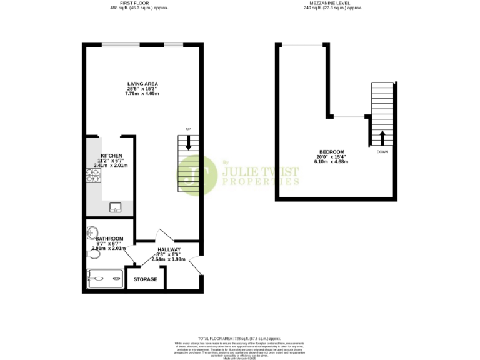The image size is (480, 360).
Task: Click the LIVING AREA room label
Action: (x=142, y=84)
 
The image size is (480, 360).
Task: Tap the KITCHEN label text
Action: (x=111, y=156)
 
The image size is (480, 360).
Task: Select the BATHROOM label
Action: (x=109, y=238)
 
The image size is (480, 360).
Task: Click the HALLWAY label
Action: (x=169, y=250)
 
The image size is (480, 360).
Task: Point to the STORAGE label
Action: (x=146, y=279)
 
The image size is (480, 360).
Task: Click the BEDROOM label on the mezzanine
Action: (x=331, y=152)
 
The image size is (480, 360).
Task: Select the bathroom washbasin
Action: (x=92, y=232)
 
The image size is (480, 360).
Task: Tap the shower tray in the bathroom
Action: (x=105, y=279)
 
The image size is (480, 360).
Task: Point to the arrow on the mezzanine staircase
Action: (x=382, y=137)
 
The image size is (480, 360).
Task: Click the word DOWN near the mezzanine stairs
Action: (x=382, y=152)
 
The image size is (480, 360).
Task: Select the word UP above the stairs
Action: (x=187, y=129)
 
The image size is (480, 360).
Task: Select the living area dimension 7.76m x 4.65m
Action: (x=142, y=94)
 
